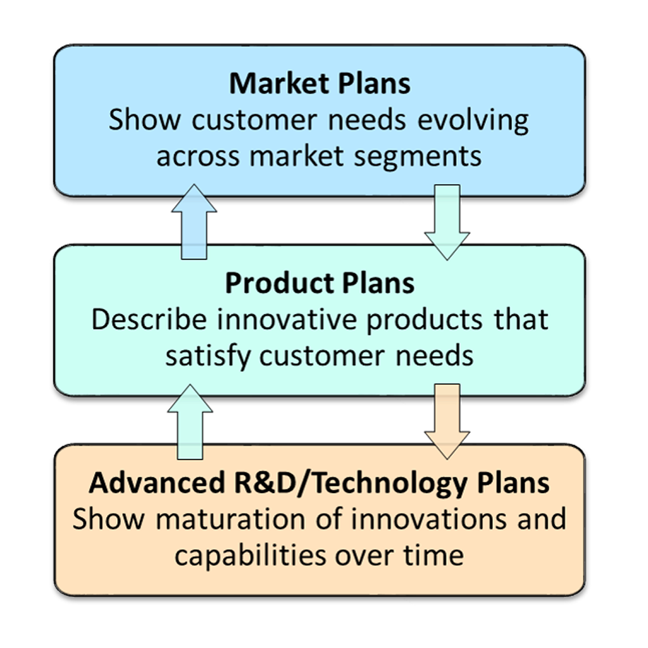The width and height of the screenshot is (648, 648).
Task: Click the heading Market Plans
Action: (x=320, y=84)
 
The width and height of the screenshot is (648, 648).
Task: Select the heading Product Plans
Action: (x=320, y=283)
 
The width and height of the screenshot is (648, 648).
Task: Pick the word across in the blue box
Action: (x=199, y=156)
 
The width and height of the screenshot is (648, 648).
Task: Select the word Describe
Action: (x=149, y=320)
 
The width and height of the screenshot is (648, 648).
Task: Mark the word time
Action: (x=433, y=556)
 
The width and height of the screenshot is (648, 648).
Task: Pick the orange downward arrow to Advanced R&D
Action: (x=447, y=421)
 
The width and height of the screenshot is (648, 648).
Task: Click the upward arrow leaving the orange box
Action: (x=190, y=421)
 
